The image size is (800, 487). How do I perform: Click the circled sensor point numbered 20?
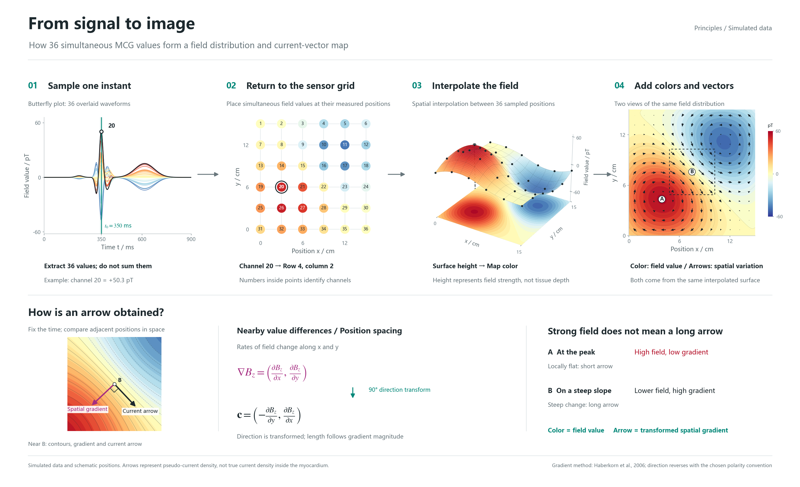click(281, 187)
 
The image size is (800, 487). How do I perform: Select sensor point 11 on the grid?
click(345, 145)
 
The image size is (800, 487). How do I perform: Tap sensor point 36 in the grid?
click(366, 229)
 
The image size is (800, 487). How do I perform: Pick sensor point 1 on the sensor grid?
click(260, 124)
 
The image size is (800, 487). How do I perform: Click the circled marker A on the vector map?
click(662, 199)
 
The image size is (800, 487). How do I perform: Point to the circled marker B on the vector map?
click(692, 172)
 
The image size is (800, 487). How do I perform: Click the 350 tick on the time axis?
click(101, 239)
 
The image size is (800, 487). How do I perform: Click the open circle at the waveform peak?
click(101, 132)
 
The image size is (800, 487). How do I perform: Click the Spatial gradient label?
click(87, 409)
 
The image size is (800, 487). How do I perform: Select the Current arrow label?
click(140, 411)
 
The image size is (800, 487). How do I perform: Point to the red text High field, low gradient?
click(671, 352)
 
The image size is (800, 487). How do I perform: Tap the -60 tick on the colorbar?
click(779, 217)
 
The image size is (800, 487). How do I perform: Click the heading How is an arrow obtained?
click(96, 313)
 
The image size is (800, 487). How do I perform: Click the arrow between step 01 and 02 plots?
click(208, 174)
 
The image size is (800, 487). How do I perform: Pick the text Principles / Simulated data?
click(733, 28)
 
